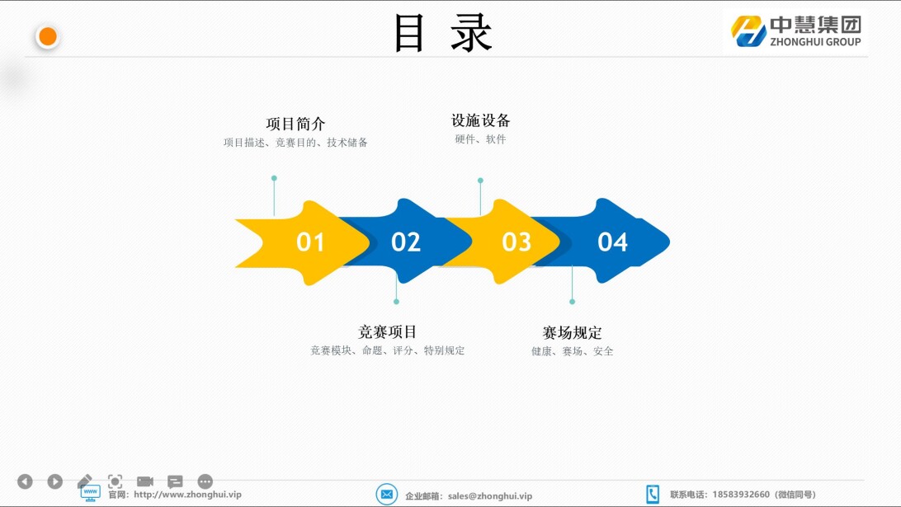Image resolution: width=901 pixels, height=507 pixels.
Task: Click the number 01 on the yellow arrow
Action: pos(310,242)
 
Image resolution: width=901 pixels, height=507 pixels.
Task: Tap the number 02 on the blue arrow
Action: pos(406,242)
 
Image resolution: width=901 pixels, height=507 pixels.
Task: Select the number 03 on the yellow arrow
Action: pos(517,242)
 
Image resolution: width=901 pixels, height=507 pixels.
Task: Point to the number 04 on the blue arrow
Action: pos(612,242)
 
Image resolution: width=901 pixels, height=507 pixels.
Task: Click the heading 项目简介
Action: pos(295,124)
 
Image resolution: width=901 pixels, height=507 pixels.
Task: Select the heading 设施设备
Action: pos(480,120)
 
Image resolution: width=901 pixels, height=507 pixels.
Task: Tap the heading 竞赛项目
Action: pos(387,332)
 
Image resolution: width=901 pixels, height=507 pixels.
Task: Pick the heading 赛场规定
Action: pos(573,332)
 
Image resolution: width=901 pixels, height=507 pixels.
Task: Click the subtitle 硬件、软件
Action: pos(480,139)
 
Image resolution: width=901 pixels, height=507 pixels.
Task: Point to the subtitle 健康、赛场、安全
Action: pos(573,351)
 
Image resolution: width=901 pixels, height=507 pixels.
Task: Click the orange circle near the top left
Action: pos(48,37)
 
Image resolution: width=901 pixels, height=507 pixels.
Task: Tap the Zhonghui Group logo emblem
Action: pos(748,31)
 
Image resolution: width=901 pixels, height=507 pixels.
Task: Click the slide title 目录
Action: pos(442,33)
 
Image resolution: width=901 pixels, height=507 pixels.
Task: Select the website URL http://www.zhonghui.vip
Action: pos(187,495)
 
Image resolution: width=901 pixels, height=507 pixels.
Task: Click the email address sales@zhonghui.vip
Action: pos(490,496)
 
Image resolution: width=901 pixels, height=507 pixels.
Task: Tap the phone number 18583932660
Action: pos(741,495)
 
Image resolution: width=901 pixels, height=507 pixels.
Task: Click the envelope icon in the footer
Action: pos(387,495)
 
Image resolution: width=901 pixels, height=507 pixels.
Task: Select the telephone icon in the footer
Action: pos(653,495)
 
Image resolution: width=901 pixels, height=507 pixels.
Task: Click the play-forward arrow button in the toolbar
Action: pos(55,481)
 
